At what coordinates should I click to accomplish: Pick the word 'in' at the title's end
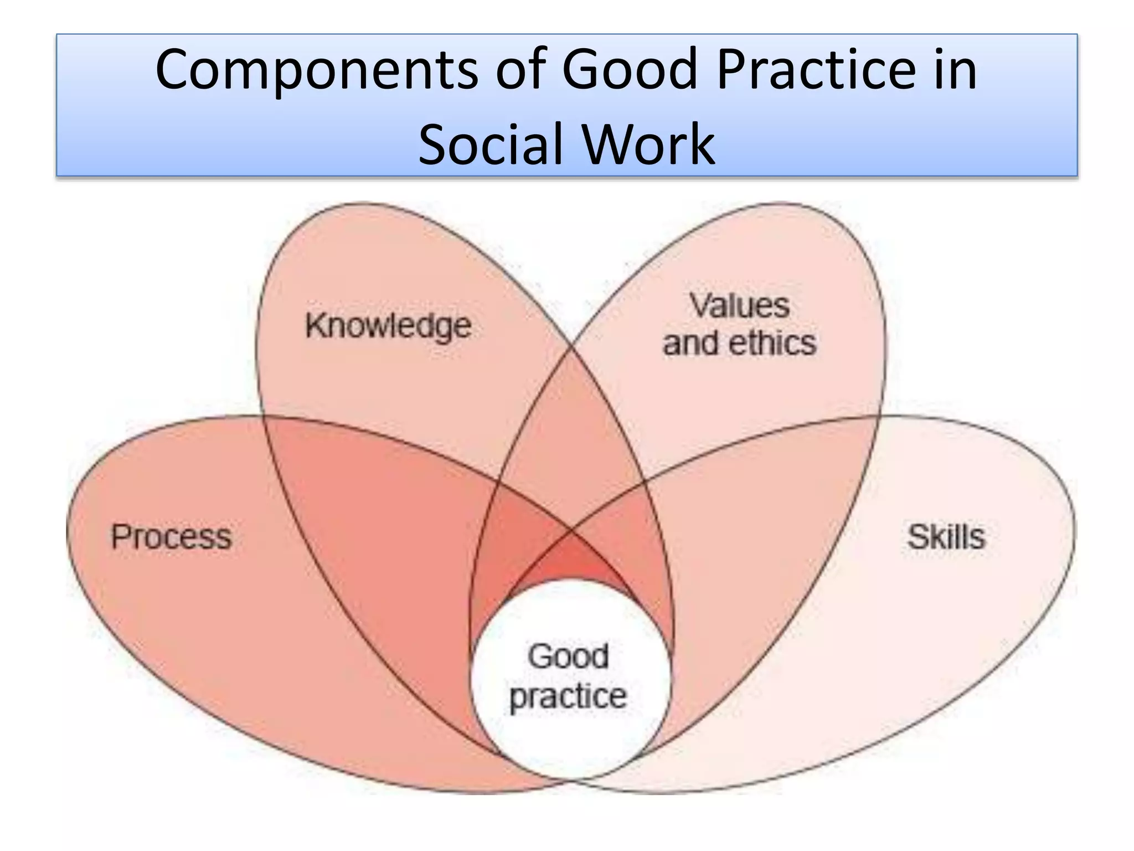click(x=956, y=70)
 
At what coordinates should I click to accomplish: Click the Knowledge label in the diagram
click(x=388, y=326)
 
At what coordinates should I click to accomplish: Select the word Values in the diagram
click(x=739, y=305)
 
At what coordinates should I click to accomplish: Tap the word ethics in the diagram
click(x=772, y=343)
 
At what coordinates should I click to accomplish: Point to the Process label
click(x=171, y=537)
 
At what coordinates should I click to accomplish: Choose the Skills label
click(x=946, y=537)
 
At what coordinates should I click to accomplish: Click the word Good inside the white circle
click(x=568, y=657)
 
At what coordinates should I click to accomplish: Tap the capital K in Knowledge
click(x=316, y=325)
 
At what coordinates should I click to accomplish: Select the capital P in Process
click(x=120, y=536)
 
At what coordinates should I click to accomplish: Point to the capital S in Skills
click(x=916, y=536)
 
